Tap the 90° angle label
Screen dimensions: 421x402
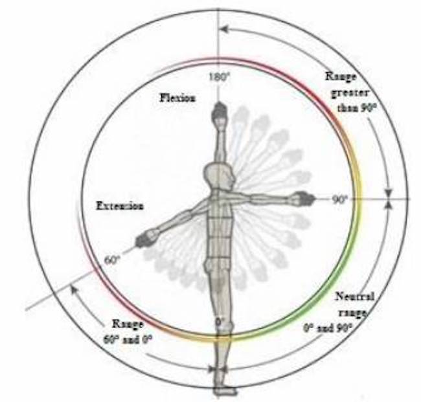340,200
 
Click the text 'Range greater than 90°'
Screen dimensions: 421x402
350,93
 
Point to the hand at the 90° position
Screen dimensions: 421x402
302,197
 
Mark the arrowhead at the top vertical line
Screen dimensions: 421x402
223,29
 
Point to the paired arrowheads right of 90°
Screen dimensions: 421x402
388,198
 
